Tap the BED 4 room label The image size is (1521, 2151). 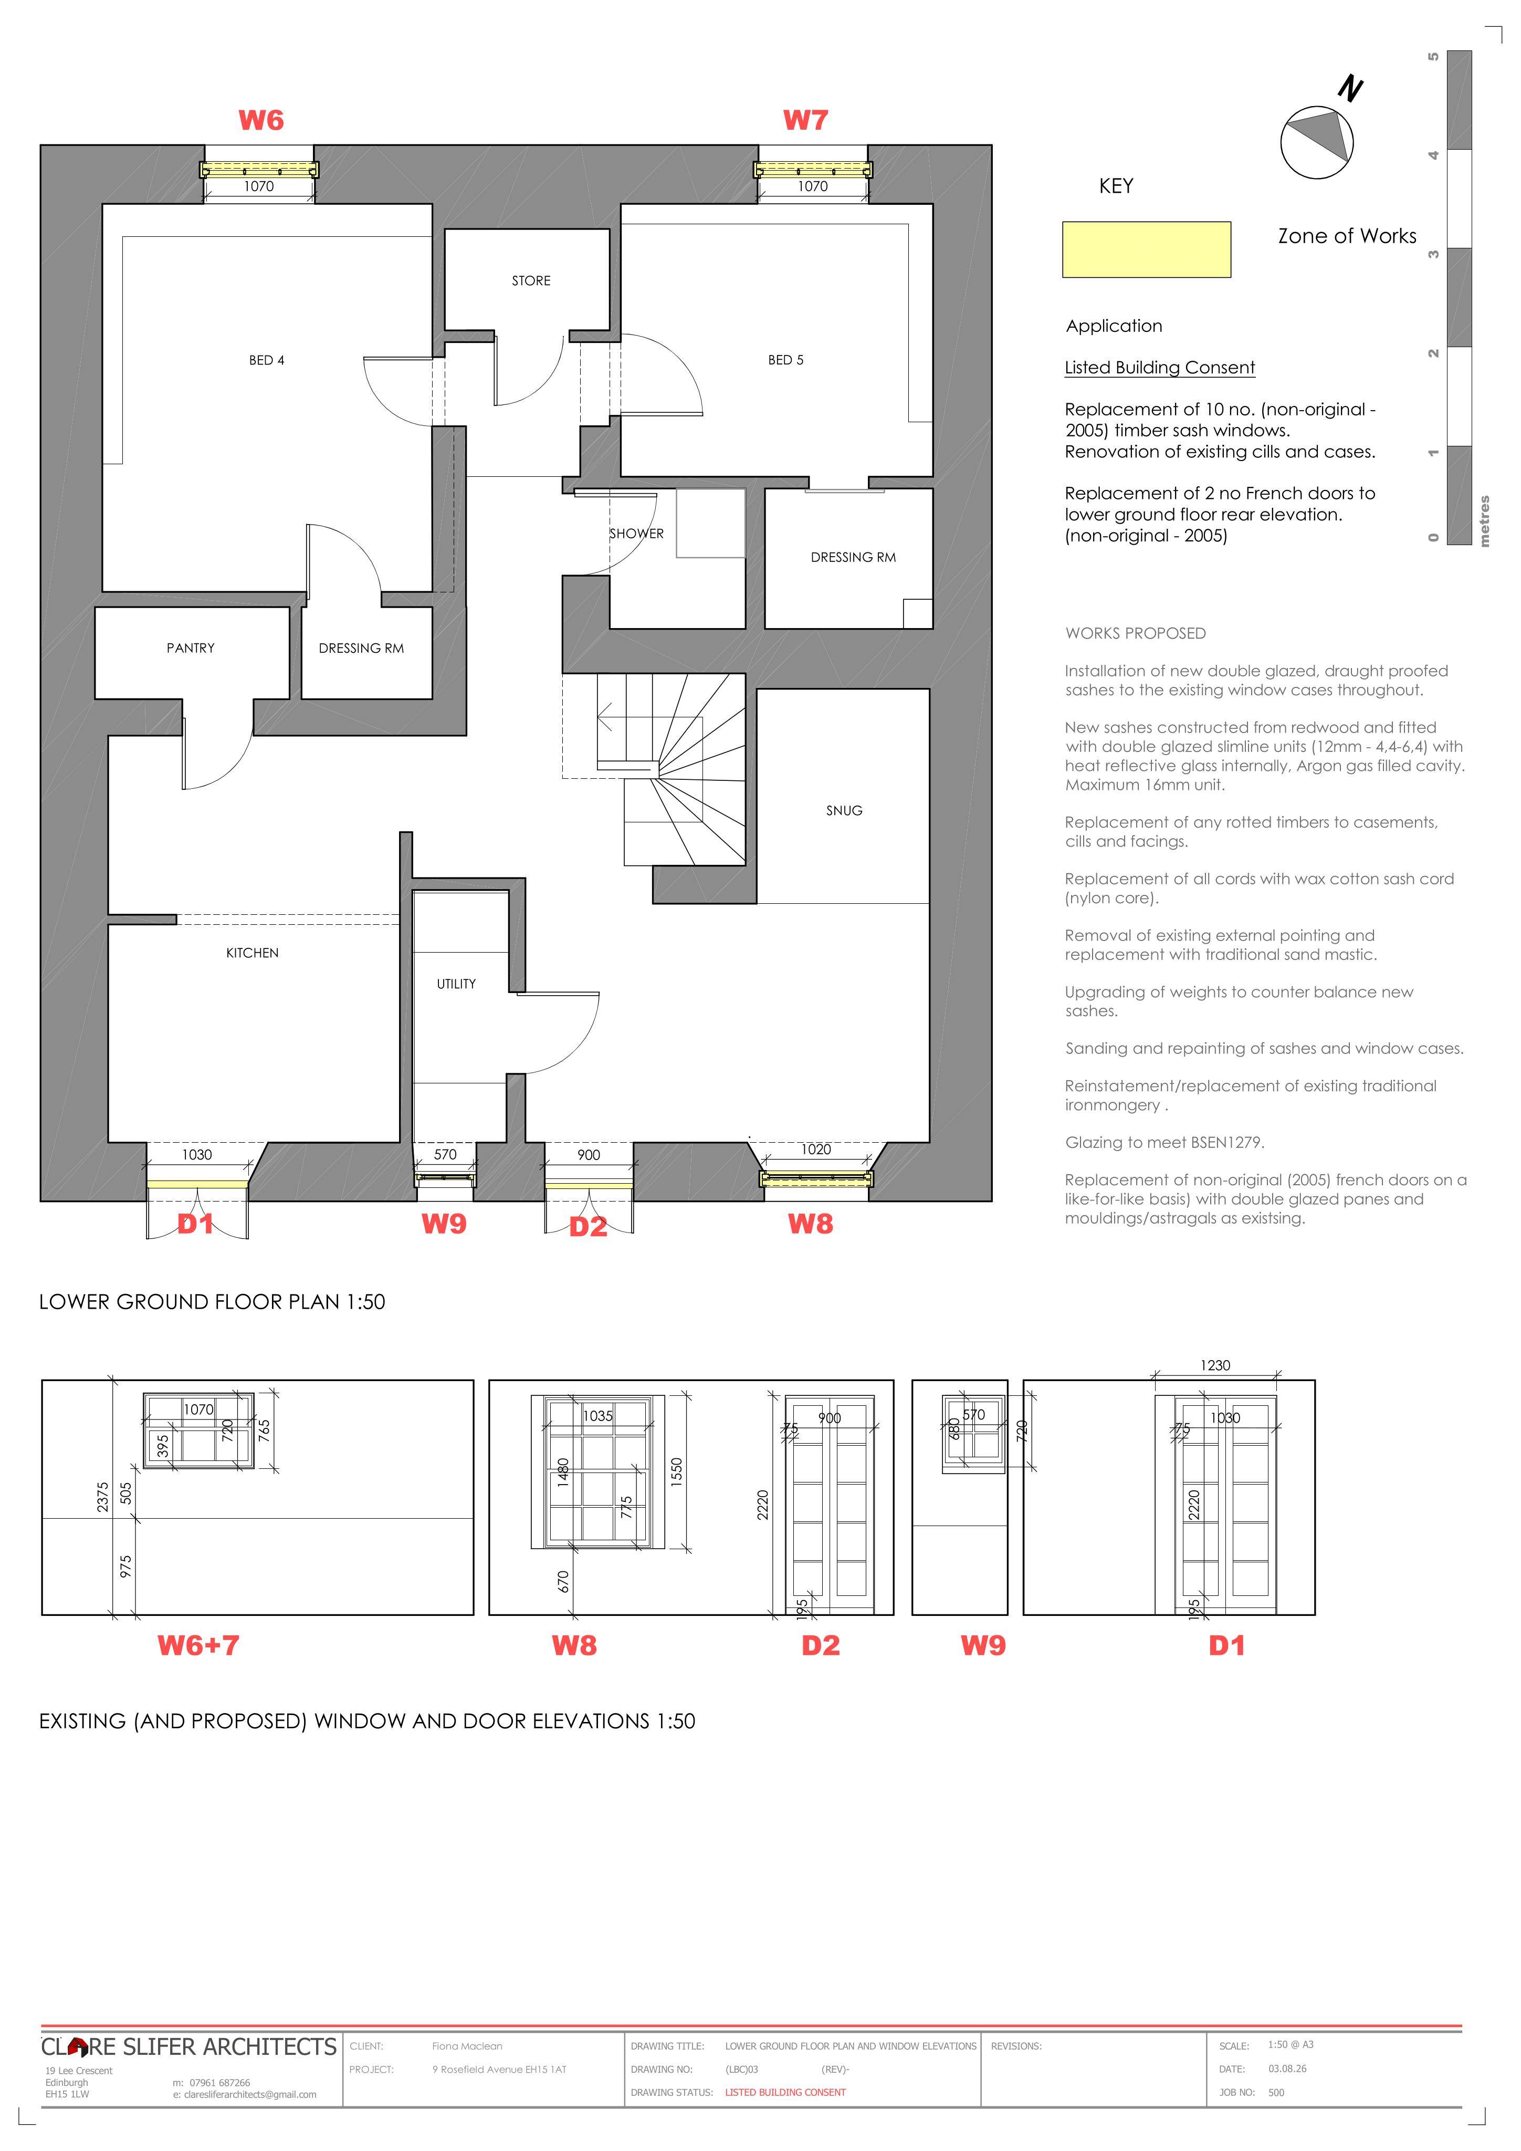coord(267,361)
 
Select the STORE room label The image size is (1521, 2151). coord(531,281)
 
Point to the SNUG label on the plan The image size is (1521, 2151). coord(844,810)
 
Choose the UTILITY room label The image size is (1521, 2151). coord(456,984)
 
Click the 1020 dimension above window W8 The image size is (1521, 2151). coord(816,1150)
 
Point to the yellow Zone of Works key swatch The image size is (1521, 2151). coord(1146,249)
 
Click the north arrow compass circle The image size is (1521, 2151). coord(1317,142)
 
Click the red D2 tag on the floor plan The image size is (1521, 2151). coord(588,1227)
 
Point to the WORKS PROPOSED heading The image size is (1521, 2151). coord(1135,633)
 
